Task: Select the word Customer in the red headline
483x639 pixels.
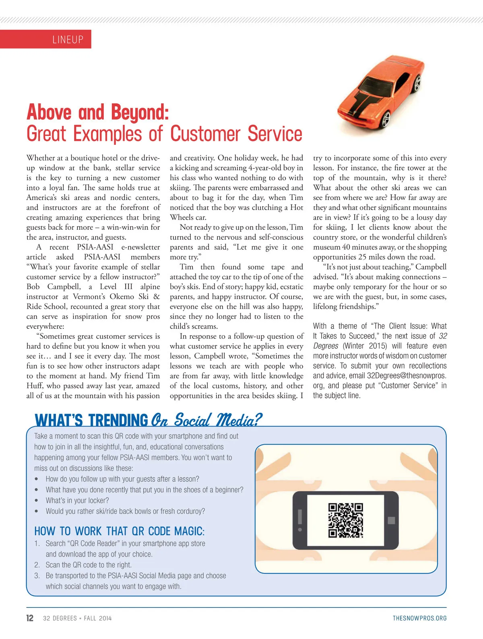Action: (207, 134)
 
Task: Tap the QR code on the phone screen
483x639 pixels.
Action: (346, 520)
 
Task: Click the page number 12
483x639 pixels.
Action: (30, 618)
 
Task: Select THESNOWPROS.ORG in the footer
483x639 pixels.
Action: (419, 618)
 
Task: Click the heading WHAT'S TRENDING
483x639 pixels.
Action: (91, 421)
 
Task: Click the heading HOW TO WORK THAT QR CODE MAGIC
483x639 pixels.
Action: (119, 531)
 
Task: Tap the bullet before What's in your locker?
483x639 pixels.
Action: (37, 501)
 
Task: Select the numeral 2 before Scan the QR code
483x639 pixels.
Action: (37, 565)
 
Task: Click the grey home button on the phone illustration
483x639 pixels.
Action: (391, 520)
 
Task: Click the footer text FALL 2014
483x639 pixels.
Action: (98, 618)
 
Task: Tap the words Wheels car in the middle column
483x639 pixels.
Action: (188, 218)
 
